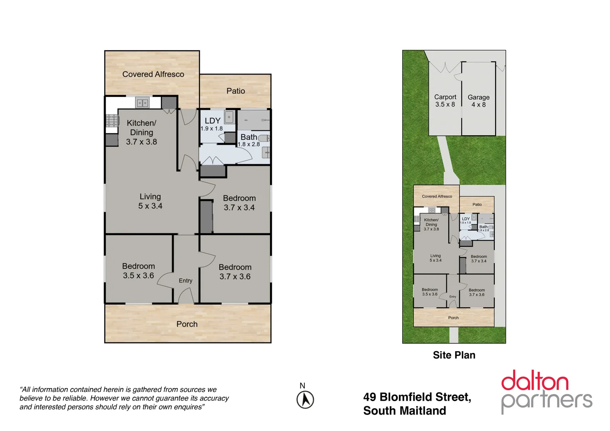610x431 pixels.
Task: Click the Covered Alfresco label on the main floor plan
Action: pos(153,74)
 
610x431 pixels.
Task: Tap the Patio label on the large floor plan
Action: pos(235,91)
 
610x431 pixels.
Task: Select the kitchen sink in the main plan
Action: pos(142,103)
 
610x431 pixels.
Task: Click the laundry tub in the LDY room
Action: pos(229,117)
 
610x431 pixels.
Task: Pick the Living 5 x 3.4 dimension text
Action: pos(150,206)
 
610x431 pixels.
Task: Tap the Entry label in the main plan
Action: pos(186,281)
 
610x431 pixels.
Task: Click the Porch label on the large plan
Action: pos(187,324)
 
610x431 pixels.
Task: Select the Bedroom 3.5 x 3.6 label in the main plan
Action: pos(138,271)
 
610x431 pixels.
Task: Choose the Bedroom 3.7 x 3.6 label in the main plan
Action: pos(235,272)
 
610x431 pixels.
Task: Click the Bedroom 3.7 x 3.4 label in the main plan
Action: pos(239,203)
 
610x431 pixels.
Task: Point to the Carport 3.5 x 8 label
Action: pos(445,101)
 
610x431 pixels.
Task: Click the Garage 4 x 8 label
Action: pos(478,101)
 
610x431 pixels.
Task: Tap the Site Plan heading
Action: pos(454,355)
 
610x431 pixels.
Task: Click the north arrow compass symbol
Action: pos(305,399)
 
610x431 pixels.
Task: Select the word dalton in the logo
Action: pos(535,381)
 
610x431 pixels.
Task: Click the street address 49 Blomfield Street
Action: pos(417,397)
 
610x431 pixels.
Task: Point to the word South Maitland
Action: pos(405,411)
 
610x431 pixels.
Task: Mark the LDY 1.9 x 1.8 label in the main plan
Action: pos(212,124)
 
